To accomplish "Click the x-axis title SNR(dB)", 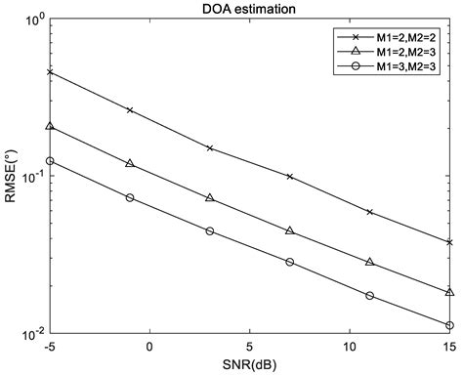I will click(250, 365).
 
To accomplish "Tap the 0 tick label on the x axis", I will click(149, 347).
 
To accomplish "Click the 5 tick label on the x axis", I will click(250, 347).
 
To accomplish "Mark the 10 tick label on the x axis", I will click(350, 347).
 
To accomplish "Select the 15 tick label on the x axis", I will click(449, 347).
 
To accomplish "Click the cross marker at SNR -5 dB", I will click(50, 72).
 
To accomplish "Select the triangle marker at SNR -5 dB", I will click(50, 126).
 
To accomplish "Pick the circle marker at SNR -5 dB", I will click(50, 161).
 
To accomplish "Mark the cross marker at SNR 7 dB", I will click(290, 177).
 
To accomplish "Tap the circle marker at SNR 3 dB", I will click(210, 231).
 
